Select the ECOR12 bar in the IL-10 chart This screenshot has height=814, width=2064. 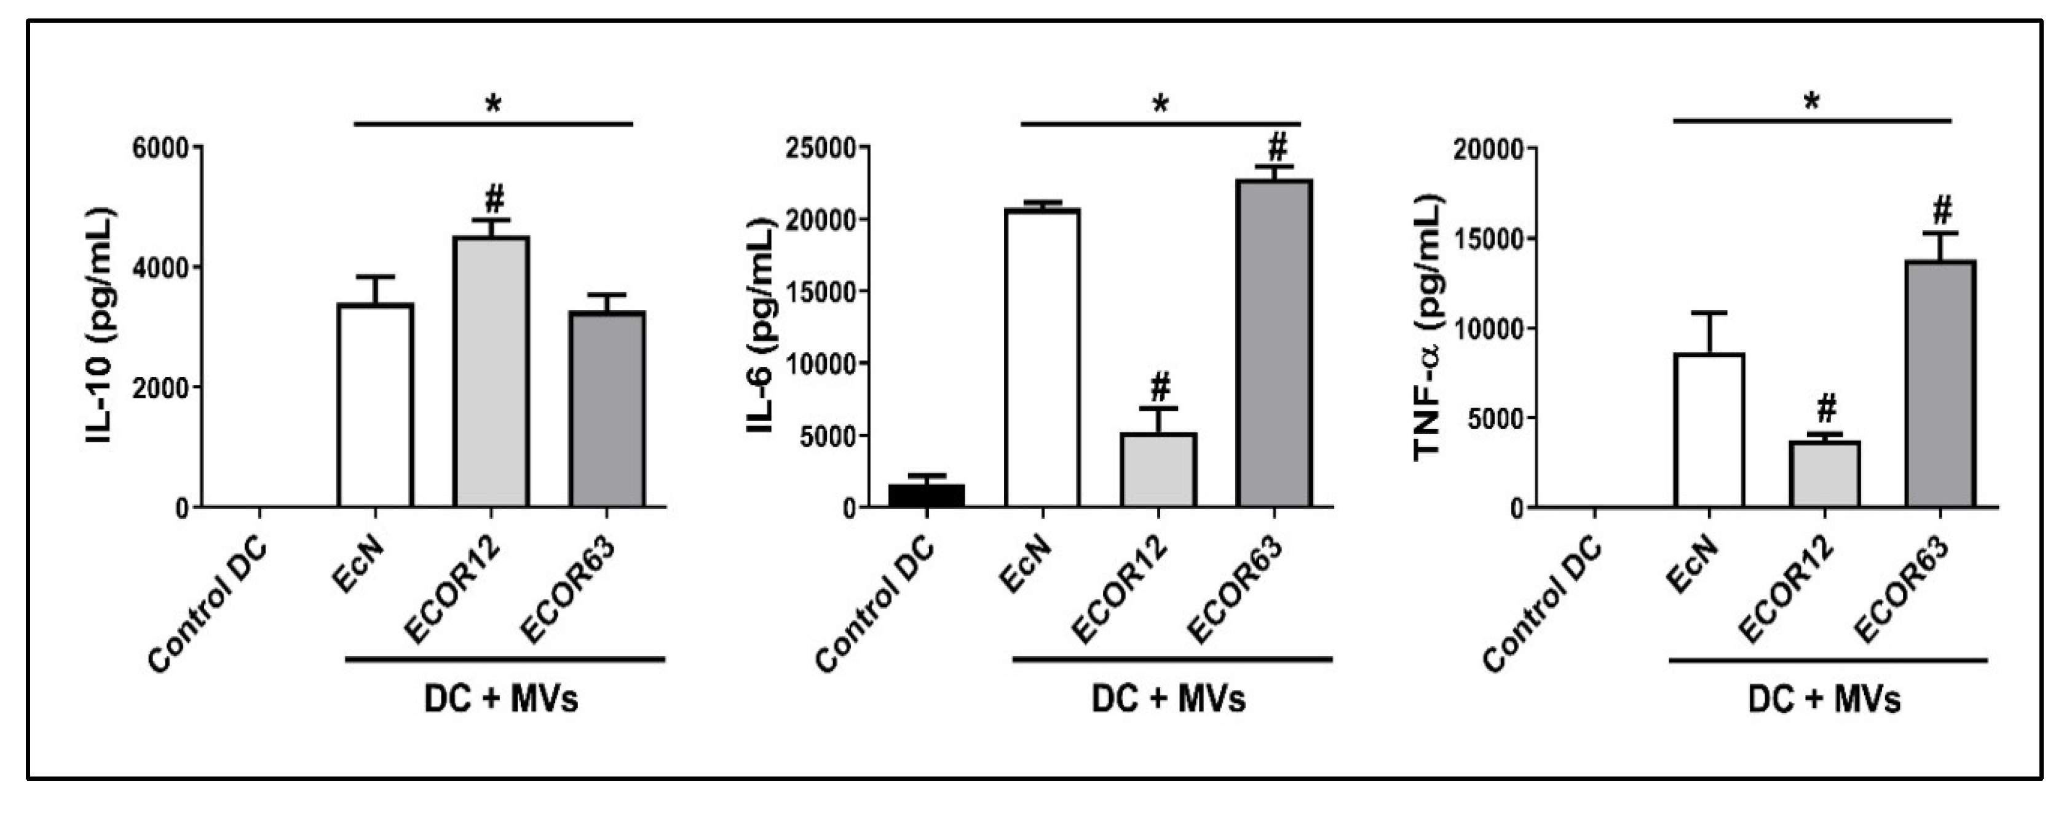point(491,372)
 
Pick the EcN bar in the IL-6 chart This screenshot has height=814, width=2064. point(1042,358)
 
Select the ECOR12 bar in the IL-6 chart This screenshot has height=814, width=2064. point(1158,470)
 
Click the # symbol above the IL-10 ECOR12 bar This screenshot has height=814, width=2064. point(494,197)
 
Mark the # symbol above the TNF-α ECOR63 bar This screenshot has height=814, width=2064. point(1942,211)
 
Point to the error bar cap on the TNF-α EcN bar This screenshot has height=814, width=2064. point(1709,312)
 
